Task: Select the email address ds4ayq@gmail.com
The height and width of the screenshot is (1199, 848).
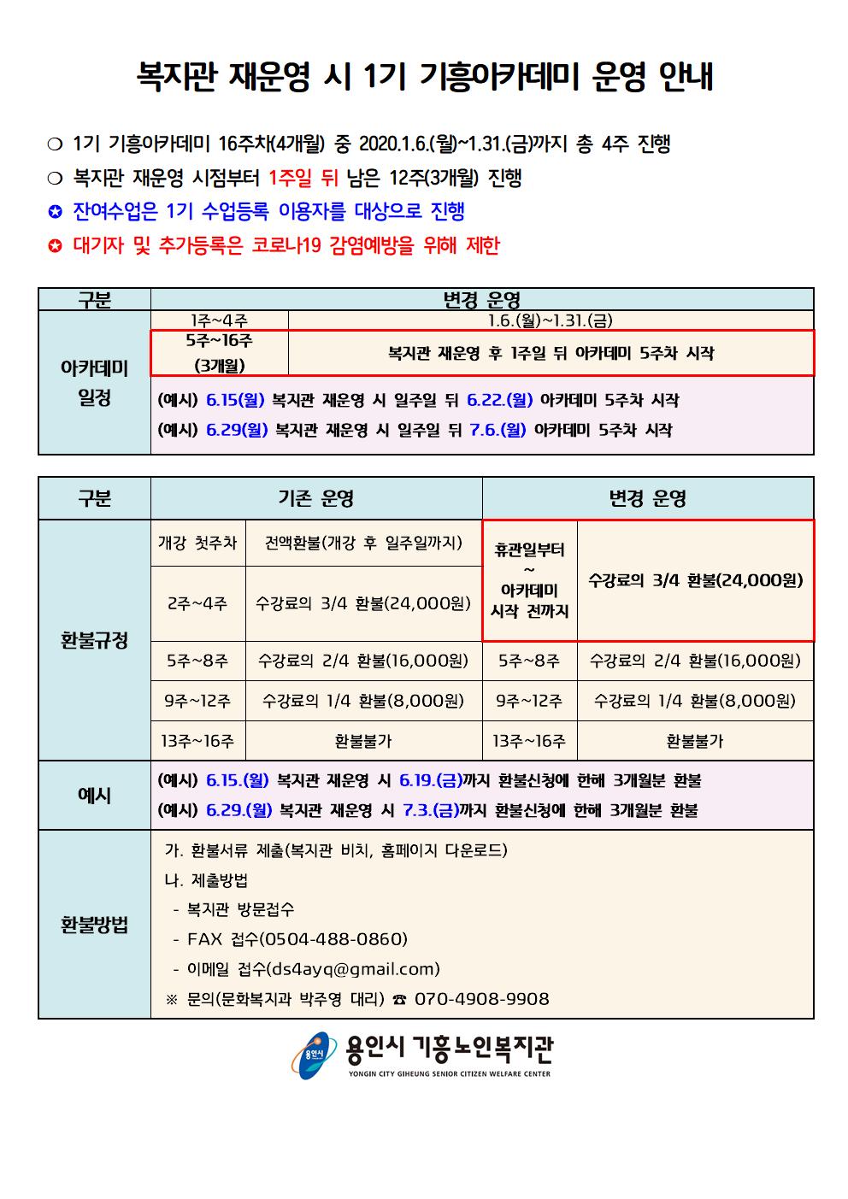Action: [x=353, y=969]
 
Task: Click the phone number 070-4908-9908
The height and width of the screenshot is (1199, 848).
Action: [x=481, y=999]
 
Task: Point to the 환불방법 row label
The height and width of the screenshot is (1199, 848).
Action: [x=94, y=924]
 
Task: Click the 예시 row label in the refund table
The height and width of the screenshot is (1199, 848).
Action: [x=94, y=796]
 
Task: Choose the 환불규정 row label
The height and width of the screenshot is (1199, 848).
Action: [x=94, y=640]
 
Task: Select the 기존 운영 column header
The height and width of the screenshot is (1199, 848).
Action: [x=315, y=498]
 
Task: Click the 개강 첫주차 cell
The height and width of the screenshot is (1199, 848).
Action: [x=197, y=543]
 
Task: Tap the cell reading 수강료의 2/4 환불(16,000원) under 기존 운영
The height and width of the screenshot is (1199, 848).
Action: [x=363, y=661]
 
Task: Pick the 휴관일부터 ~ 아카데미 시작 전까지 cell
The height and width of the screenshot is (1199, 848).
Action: [x=529, y=580]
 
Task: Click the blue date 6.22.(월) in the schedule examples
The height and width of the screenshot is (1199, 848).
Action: [x=502, y=400]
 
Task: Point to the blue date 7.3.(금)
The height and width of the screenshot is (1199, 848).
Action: [x=430, y=811]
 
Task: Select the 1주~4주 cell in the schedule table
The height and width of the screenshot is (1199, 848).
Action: [x=219, y=320]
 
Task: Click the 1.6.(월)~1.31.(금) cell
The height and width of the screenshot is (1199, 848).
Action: [x=551, y=320]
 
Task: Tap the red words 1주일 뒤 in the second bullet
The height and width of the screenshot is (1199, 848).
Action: [x=303, y=179]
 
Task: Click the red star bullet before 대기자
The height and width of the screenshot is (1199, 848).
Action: [x=56, y=247]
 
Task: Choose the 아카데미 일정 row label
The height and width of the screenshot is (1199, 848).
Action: [x=94, y=384]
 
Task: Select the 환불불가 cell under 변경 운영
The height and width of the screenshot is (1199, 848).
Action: [x=694, y=741]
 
